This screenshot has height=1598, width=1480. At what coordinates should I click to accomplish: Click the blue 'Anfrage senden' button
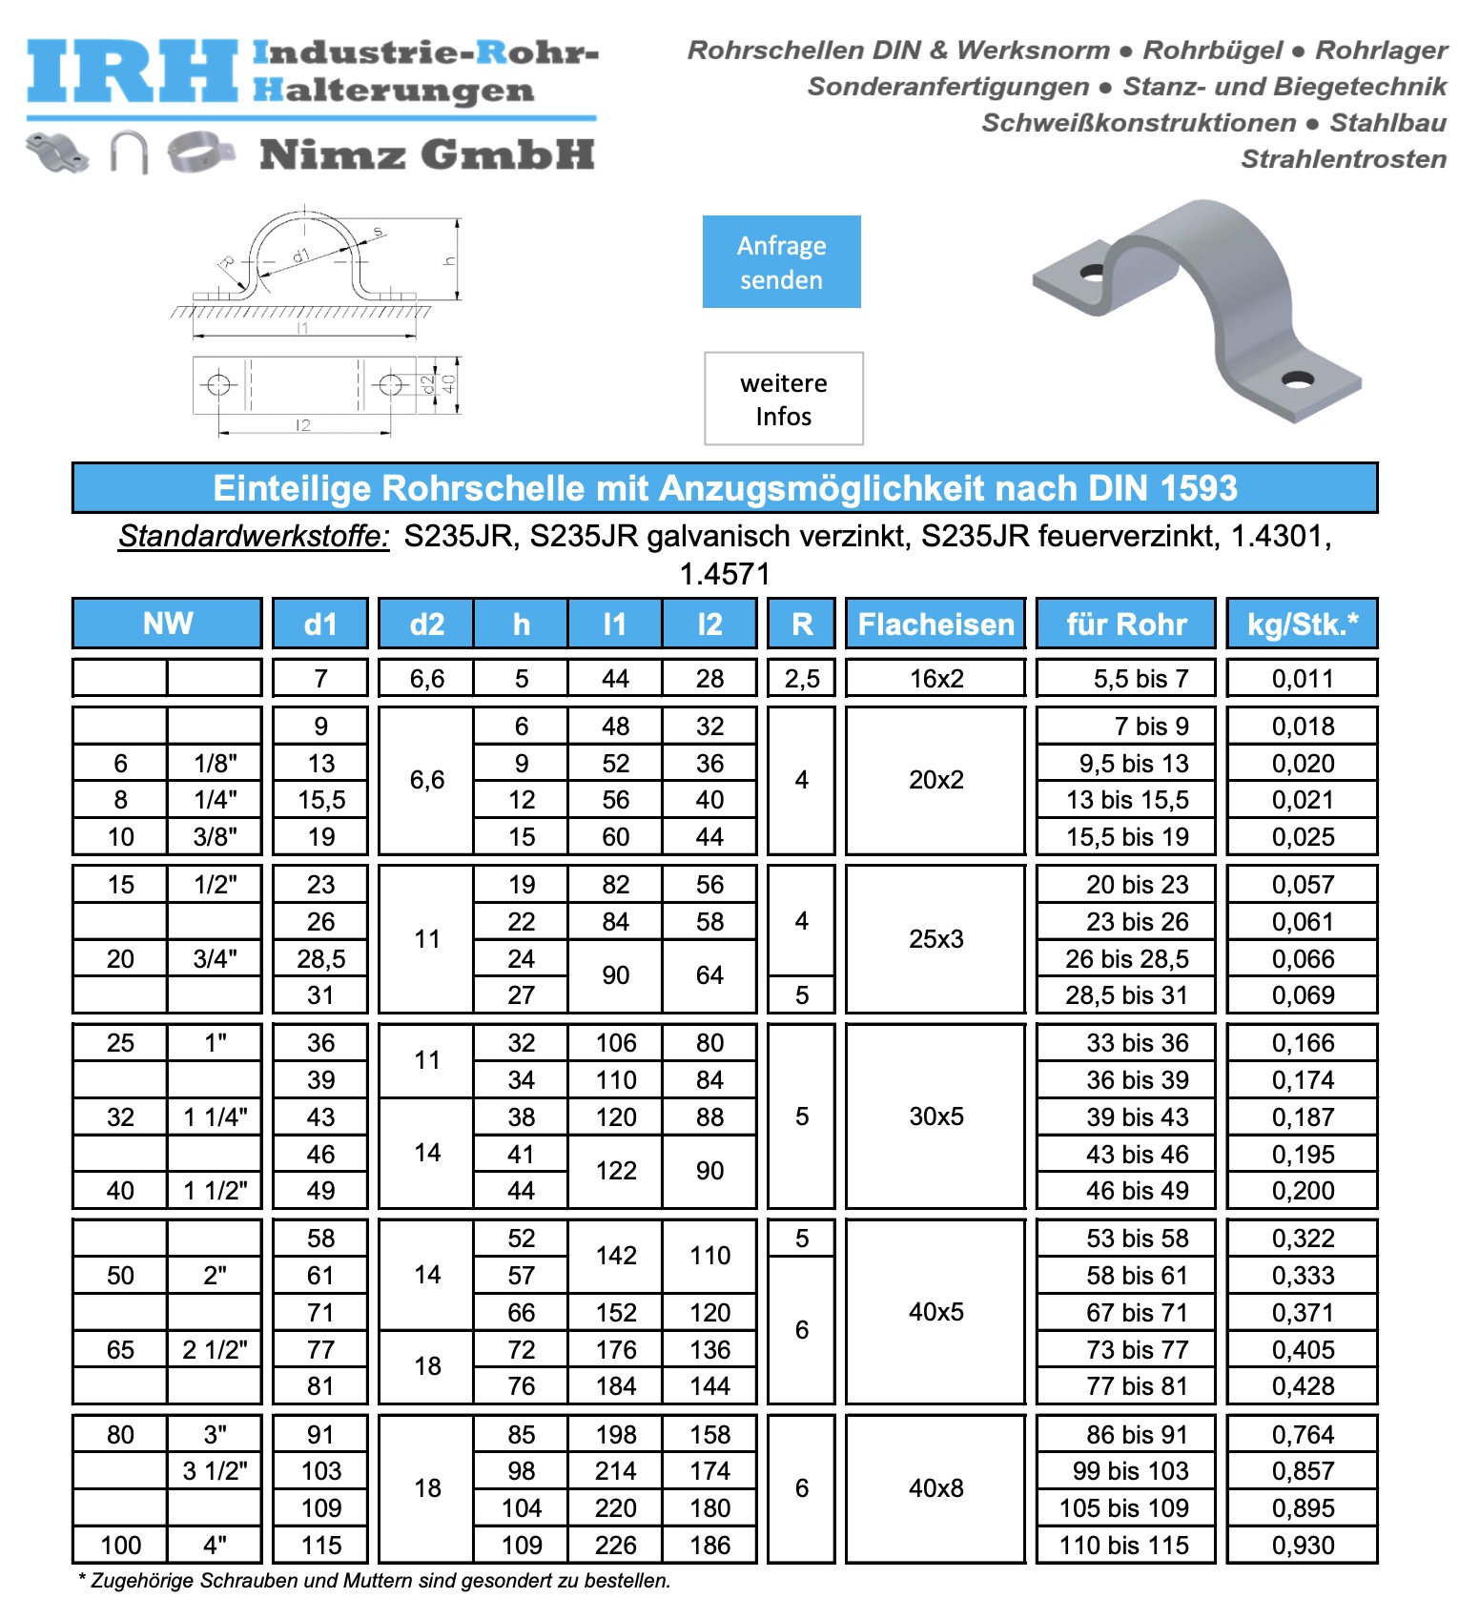(781, 262)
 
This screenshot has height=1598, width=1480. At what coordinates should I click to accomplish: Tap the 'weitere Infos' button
(783, 399)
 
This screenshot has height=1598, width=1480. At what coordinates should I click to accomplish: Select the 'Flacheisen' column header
(935, 625)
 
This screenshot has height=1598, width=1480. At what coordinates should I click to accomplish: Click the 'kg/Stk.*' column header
(1302, 625)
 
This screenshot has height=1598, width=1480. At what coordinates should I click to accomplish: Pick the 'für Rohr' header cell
(1126, 625)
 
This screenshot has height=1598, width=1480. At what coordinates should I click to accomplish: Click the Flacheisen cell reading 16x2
(935, 679)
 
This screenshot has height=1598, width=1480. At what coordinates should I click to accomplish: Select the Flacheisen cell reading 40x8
(935, 1488)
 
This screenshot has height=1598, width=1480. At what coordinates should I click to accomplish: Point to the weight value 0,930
(1303, 1545)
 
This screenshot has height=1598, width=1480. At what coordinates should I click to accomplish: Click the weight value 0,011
(1303, 679)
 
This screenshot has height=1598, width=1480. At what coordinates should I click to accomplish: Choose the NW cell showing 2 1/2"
(215, 1350)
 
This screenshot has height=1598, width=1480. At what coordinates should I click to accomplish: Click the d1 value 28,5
(320, 959)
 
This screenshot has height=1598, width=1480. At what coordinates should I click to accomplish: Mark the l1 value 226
(616, 1545)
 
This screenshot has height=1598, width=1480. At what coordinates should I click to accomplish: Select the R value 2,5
(802, 679)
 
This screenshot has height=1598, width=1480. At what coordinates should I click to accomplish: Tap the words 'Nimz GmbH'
(427, 154)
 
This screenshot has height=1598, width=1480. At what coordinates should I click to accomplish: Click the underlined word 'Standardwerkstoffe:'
(254, 537)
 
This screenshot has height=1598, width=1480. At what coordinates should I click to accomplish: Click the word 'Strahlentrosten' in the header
(1343, 159)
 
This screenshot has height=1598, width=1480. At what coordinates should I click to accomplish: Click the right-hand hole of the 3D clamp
(1298, 379)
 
